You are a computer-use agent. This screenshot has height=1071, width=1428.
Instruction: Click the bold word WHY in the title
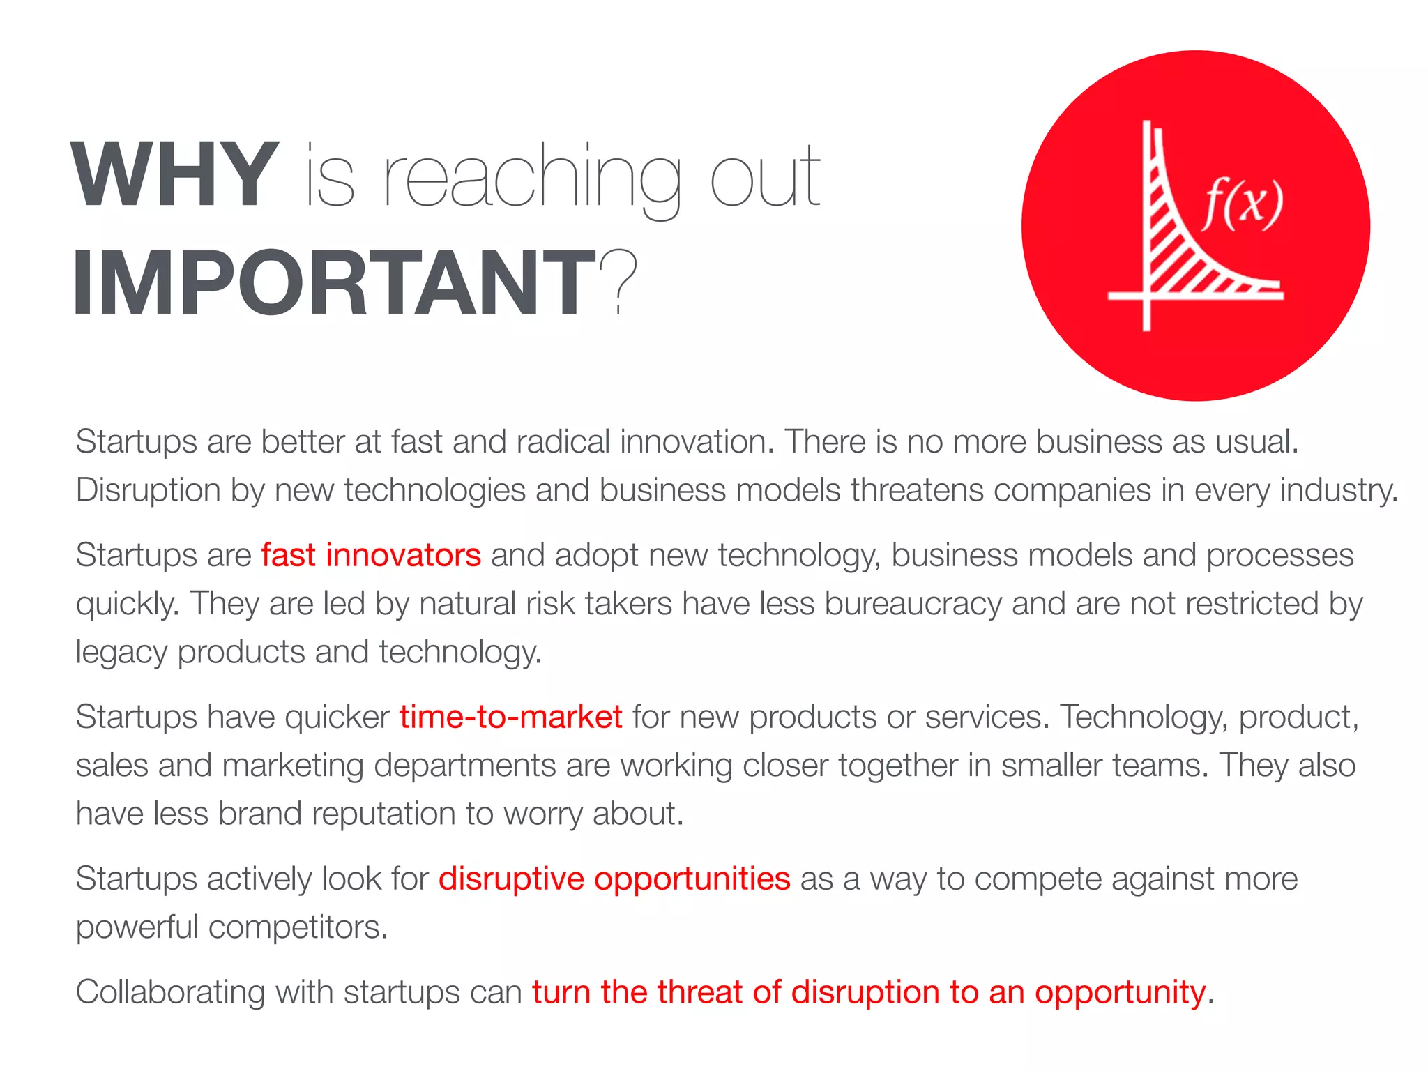pos(175,174)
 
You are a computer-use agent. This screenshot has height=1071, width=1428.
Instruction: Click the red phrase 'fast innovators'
pos(371,556)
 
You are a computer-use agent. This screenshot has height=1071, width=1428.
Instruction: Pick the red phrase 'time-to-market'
pos(510,717)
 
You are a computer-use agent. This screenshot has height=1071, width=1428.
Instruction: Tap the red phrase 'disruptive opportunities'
pos(614,879)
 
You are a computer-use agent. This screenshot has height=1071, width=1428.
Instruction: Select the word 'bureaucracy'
pos(913,604)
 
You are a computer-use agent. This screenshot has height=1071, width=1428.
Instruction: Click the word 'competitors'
pos(298,928)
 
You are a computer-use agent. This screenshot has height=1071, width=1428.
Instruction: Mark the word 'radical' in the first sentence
pos(563,442)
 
